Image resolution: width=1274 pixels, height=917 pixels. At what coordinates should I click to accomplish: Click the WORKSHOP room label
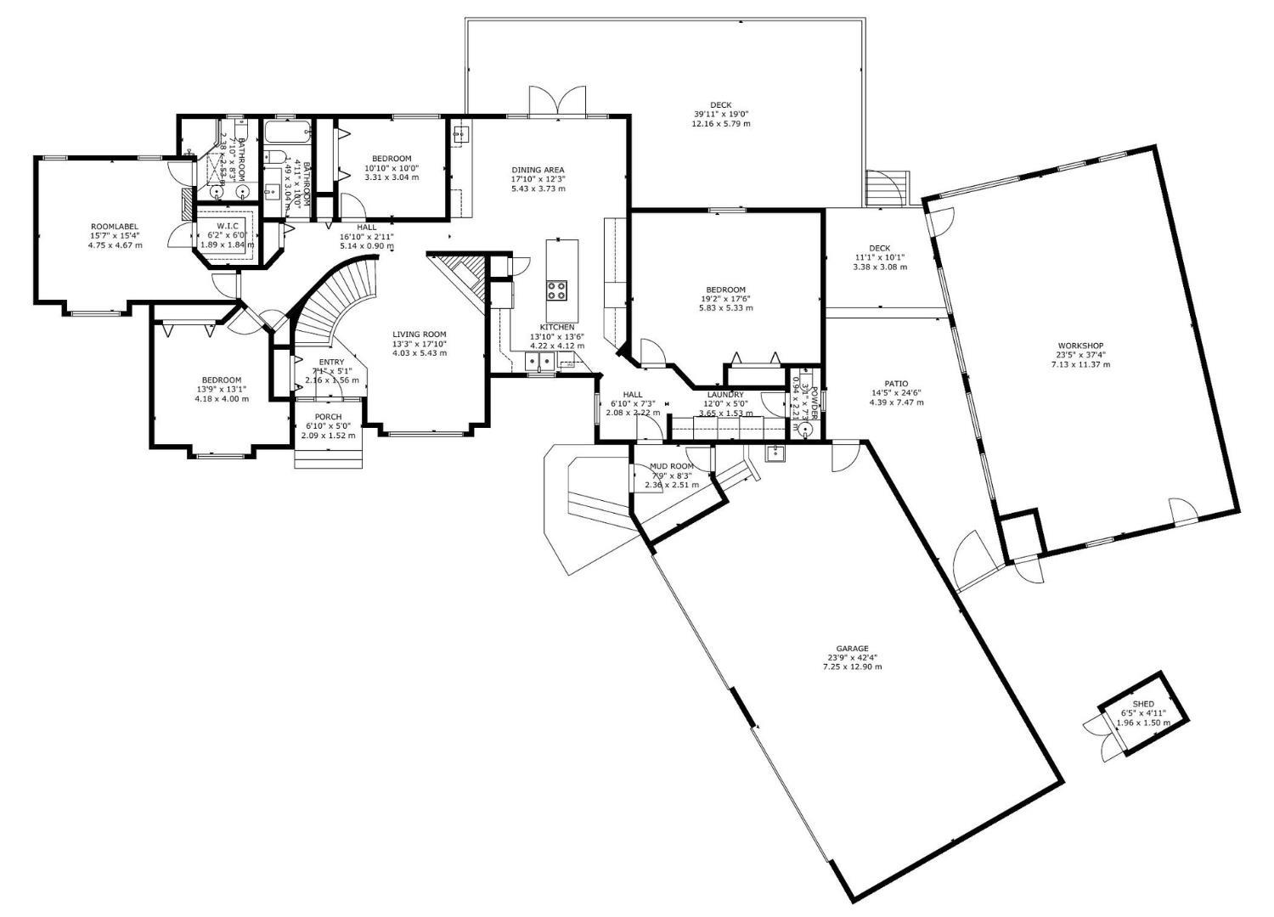pos(1080,346)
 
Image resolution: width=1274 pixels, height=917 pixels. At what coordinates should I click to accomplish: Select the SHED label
pos(1143,704)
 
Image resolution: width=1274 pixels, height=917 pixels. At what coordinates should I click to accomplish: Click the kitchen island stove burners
pos(556,290)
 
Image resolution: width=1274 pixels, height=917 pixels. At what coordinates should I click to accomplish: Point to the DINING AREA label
pos(537,170)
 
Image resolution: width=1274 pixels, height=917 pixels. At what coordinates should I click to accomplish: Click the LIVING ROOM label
pos(419,335)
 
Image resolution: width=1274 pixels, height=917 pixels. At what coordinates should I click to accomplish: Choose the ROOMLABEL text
pos(114,227)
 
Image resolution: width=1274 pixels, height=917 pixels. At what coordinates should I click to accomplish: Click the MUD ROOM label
pos(671,466)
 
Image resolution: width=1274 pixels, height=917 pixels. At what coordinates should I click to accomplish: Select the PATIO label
pos(895,384)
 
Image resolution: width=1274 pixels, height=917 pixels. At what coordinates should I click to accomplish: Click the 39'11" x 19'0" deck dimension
pos(720,114)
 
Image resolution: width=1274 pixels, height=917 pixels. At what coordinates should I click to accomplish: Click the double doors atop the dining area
pos(557,102)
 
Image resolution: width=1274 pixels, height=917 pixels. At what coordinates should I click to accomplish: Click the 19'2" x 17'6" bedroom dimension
pos(725,299)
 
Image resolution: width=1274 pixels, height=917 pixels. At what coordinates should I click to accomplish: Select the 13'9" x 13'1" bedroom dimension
pos(221,390)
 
